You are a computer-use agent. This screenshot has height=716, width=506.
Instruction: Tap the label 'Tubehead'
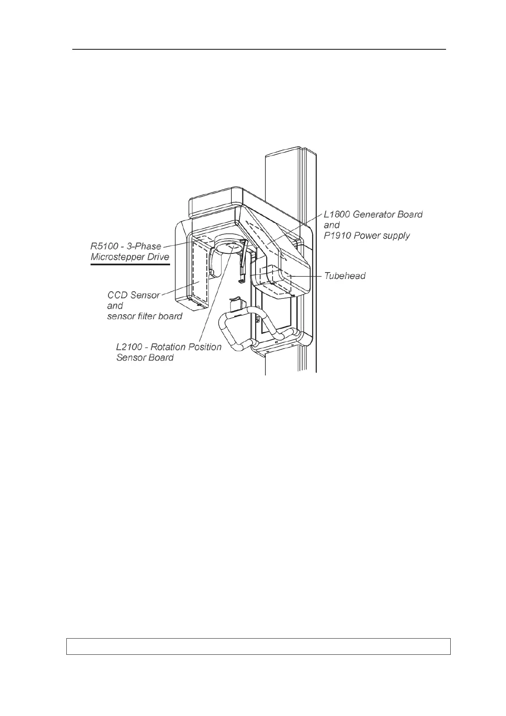[x=344, y=276]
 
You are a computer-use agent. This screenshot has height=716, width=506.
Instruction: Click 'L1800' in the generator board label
[x=336, y=214]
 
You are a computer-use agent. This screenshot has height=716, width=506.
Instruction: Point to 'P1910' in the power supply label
[x=337, y=236]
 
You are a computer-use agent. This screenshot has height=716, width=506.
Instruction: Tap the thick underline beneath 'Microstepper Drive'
[x=130, y=264]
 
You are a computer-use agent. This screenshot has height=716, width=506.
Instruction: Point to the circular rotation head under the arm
[x=229, y=246]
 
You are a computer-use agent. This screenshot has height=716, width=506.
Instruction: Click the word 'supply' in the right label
[x=395, y=236]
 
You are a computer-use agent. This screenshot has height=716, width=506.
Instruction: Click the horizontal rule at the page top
[x=259, y=49]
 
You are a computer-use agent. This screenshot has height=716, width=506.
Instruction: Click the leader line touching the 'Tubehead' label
[x=306, y=276]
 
